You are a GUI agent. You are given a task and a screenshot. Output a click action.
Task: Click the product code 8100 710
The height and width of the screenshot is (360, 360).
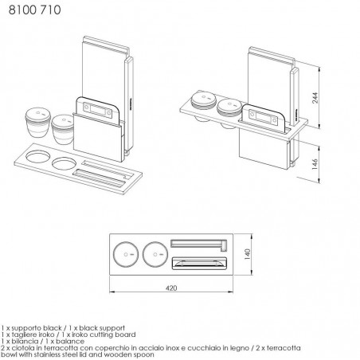[34, 10]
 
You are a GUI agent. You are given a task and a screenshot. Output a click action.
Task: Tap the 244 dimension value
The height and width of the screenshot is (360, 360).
[315, 98]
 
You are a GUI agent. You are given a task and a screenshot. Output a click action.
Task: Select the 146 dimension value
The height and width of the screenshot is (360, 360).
[315, 164]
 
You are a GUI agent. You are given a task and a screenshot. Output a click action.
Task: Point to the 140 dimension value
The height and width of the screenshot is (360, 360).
[247, 254]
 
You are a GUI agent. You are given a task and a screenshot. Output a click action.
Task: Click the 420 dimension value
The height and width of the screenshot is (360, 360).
[171, 288]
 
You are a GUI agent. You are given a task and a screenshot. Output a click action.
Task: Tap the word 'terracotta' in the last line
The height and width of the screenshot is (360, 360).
[284, 348]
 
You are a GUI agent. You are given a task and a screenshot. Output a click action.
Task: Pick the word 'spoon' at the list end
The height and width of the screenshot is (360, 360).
[144, 354]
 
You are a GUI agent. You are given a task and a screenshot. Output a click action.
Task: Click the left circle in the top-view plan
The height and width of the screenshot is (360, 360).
[126, 254]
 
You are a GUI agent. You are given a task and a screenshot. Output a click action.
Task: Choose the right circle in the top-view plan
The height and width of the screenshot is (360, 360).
[155, 254]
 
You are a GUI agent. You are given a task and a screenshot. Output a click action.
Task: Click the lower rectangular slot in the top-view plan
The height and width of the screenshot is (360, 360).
[199, 263]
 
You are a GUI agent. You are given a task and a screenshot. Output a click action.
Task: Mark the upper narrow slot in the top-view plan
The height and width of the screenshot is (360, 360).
[198, 244]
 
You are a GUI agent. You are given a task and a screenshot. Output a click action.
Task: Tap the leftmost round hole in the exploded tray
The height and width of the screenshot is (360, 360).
[37, 156]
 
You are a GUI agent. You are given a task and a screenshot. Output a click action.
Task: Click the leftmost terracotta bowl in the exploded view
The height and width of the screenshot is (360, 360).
[38, 123]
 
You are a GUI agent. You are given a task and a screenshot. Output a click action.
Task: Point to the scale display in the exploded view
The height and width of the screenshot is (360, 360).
[97, 110]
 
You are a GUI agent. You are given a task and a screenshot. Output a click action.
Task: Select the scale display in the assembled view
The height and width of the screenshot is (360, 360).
[263, 117]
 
